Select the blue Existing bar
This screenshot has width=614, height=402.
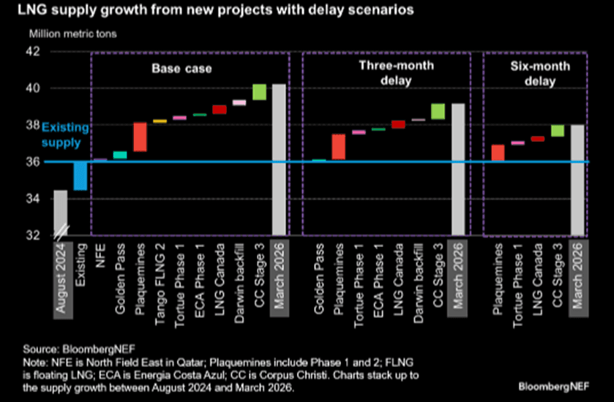[x=81, y=175]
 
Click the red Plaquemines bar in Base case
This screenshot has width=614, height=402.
[x=140, y=137]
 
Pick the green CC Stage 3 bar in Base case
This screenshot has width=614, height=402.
[x=259, y=91]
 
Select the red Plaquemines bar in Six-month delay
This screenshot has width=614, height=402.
[x=498, y=152]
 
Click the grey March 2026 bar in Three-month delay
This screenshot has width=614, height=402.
[x=458, y=169]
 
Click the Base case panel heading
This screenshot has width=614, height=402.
[x=181, y=69]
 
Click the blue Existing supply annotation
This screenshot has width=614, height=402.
[x=64, y=133]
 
